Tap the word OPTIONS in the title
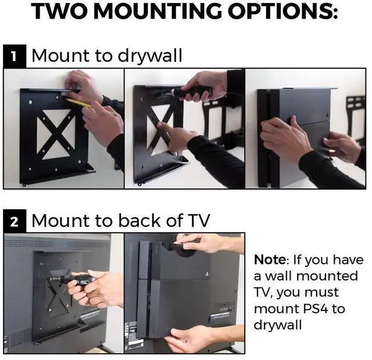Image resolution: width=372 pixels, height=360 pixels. coord(284,12)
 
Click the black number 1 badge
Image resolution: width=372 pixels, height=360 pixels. coord(16,56)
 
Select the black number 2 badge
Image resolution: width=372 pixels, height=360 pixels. coord(16,222)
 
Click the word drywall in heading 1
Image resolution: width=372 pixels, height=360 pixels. coord(150,56)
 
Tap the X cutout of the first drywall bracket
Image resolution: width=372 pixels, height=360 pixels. coord(56,133)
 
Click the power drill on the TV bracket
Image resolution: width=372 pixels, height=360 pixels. coord(81,280)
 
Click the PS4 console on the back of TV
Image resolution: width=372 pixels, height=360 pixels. coord(174,291)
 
